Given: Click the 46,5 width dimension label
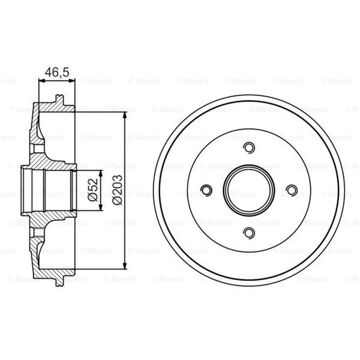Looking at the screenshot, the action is [57, 72].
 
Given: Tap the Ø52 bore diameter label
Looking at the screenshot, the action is [93, 190].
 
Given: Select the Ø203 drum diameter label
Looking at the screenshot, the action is [117, 190].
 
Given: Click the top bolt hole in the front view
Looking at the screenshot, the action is [249, 148].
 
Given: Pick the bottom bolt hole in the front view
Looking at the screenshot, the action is [249, 233].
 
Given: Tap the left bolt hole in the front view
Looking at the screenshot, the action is [207, 190].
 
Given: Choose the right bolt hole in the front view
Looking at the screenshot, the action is [292, 190].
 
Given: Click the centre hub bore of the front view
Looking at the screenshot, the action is [249, 190].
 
